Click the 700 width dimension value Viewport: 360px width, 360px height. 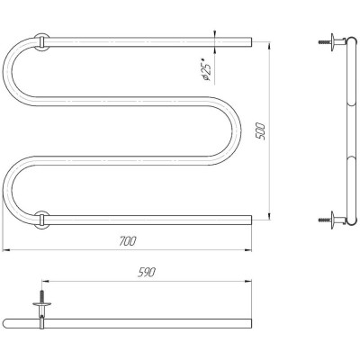[128, 241]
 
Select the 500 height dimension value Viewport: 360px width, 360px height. [260, 131]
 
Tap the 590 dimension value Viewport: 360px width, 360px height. [147, 273]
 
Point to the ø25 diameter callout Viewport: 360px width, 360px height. [207, 72]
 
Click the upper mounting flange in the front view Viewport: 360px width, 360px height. [41, 42]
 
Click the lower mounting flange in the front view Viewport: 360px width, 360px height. [41, 220]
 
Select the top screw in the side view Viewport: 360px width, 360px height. [324, 42]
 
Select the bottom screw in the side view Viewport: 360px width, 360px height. [324, 220]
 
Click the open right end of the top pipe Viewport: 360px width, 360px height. [251, 42]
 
